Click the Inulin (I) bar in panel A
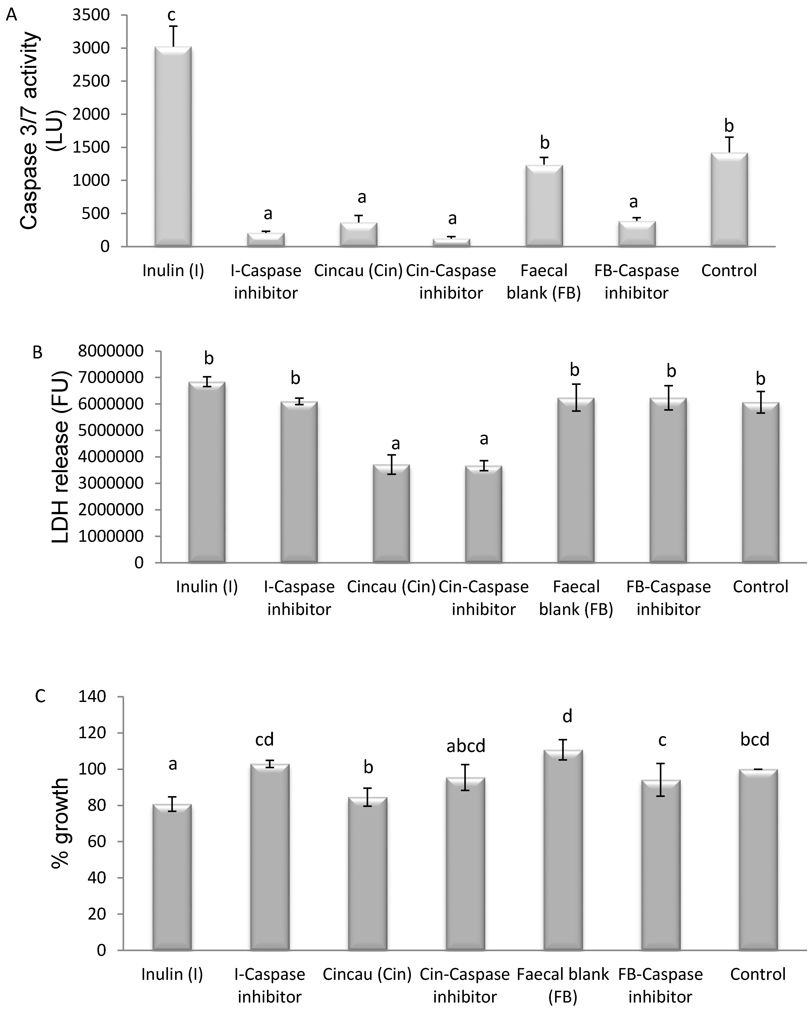(x=173, y=146)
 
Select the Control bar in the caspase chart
(x=729, y=199)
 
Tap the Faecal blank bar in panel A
(x=544, y=205)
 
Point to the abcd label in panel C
(x=466, y=746)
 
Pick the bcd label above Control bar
(x=755, y=740)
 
